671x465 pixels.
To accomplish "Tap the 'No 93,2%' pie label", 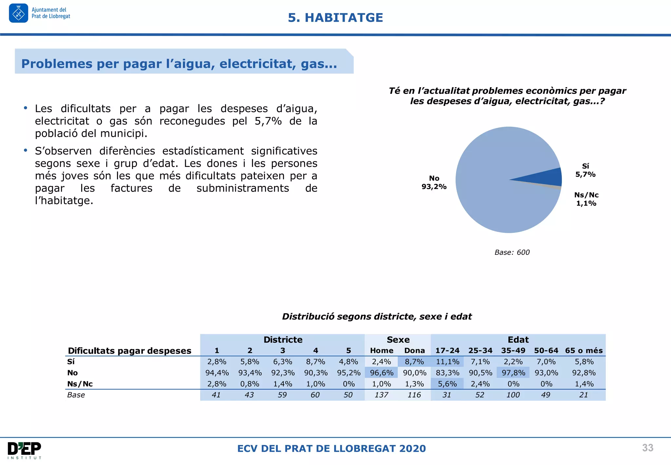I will point(434,182).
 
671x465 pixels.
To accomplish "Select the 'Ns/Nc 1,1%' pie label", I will point(586,199).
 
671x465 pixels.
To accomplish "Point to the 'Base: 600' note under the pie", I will point(512,252).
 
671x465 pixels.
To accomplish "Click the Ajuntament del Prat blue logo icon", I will point(18,13).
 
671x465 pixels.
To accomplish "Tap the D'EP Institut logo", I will point(25,450).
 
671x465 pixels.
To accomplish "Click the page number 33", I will point(647,448).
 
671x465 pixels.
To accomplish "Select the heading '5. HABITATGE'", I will point(335,18).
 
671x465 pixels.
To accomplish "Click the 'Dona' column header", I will point(414,351).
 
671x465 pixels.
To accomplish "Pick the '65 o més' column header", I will point(584,351).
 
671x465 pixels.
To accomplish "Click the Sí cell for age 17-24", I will point(447,362).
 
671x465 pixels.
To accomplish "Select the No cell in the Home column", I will point(381,373).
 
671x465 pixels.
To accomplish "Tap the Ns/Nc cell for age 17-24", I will point(447,384).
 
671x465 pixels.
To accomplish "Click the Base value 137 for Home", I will point(381,395).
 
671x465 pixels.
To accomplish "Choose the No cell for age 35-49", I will point(513,373).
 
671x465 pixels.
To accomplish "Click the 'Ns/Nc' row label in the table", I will point(80,384).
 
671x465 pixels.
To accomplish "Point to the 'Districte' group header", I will point(283,340).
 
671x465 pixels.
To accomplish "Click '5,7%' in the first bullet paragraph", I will point(268,121).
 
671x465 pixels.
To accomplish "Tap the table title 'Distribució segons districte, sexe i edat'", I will point(376,316).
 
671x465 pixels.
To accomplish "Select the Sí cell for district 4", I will point(315,362).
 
